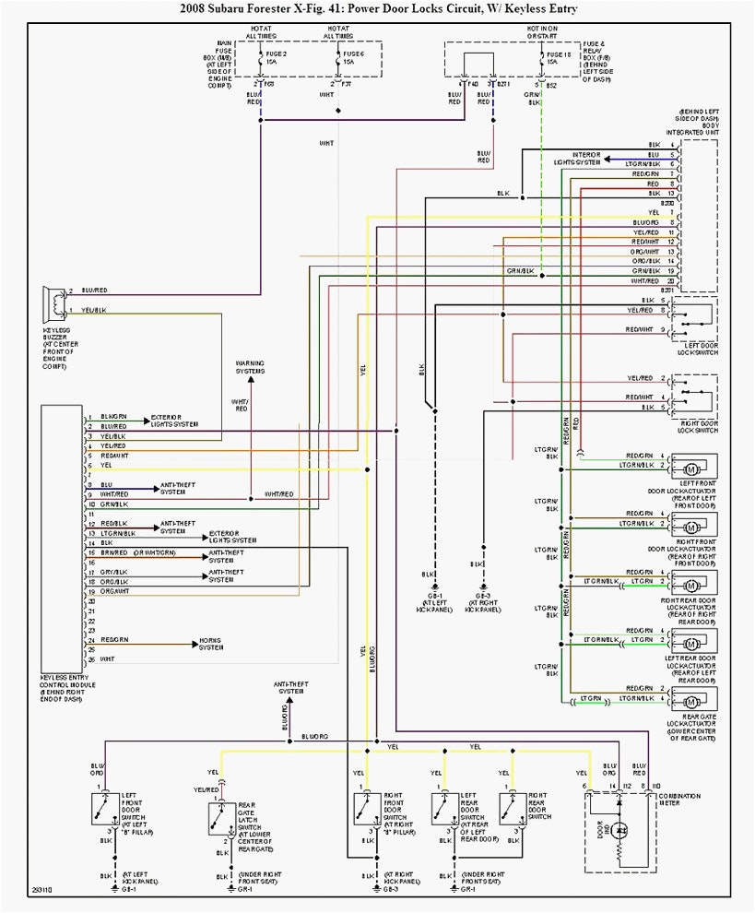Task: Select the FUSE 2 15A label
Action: point(276,57)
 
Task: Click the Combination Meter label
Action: point(678,799)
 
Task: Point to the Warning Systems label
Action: point(250,367)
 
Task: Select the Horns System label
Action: point(211,644)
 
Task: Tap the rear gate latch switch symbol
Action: point(218,817)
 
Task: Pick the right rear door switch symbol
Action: point(509,809)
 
